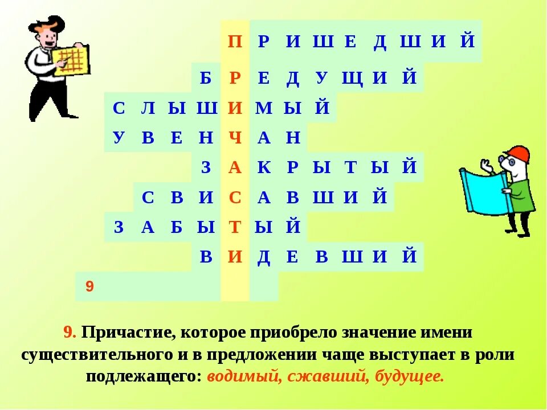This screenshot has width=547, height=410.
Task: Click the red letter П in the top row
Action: click(234, 42)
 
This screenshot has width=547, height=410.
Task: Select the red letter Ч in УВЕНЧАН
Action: click(235, 138)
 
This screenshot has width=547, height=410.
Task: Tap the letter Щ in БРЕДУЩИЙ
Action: click(352, 78)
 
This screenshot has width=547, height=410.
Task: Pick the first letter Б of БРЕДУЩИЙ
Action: click(206, 78)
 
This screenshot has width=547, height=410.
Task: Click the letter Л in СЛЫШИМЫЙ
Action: click(147, 108)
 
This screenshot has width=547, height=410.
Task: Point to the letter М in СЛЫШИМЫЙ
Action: click(264, 108)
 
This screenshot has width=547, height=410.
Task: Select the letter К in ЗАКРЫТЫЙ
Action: click(264, 167)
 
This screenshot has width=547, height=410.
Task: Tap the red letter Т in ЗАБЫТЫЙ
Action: click(235, 227)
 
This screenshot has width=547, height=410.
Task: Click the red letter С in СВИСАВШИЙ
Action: click(235, 198)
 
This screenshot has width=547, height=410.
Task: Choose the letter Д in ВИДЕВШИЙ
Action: click(264, 257)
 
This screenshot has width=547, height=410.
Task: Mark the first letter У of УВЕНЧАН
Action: click(119, 138)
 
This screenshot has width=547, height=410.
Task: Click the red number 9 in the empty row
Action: click(89, 286)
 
